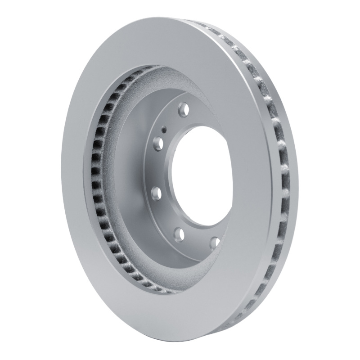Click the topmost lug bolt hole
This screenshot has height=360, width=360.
click(182, 108)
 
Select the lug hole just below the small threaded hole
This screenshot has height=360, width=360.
click(158, 144)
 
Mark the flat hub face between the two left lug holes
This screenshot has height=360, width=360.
click(155, 169)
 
